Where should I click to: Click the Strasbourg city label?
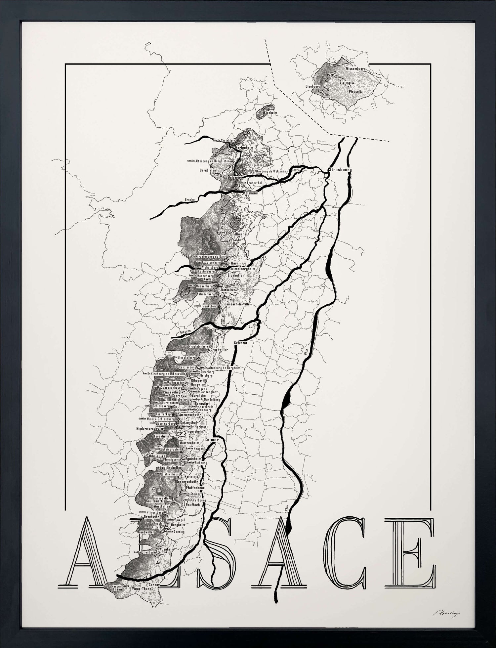point(340,170)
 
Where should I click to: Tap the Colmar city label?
point(212,440)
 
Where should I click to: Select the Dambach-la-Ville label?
point(237,304)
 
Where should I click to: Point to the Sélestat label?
point(240,343)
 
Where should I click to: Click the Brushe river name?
point(189,200)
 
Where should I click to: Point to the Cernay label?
point(154,585)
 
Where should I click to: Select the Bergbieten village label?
point(208,170)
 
